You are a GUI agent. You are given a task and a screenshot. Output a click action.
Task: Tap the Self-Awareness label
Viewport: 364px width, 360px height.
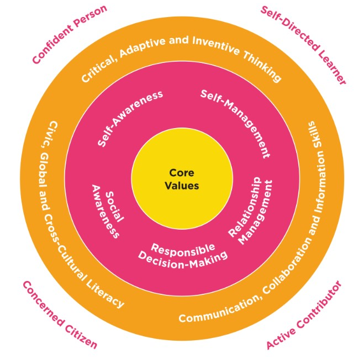pos(130,118)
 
